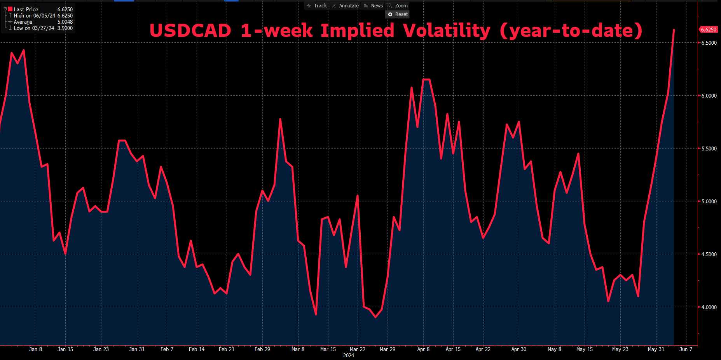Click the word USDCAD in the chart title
click(x=190, y=31)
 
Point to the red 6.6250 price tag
click(x=708, y=30)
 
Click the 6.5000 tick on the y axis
click(x=709, y=43)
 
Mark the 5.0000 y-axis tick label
click(x=709, y=201)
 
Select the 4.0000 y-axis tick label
click(x=709, y=307)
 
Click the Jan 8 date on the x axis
click(x=36, y=349)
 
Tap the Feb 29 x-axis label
click(x=262, y=349)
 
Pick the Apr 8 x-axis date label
click(x=423, y=349)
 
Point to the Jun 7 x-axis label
click(x=686, y=349)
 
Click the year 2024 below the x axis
click(x=349, y=355)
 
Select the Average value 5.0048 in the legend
click(x=65, y=22)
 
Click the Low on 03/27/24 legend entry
click(x=34, y=28)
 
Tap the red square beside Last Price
click(x=10, y=9)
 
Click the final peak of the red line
click(x=674, y=30)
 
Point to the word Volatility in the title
click(x=447, y=31)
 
